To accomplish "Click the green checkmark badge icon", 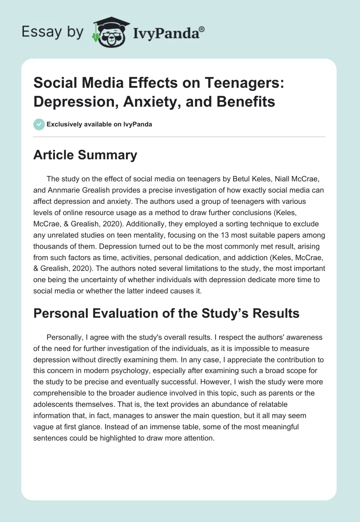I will tap(39, 125).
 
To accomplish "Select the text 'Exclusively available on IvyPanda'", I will tap(99, 125).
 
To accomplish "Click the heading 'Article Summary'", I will tap(85, 155).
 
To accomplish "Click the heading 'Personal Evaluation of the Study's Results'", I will tap(166, 313).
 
